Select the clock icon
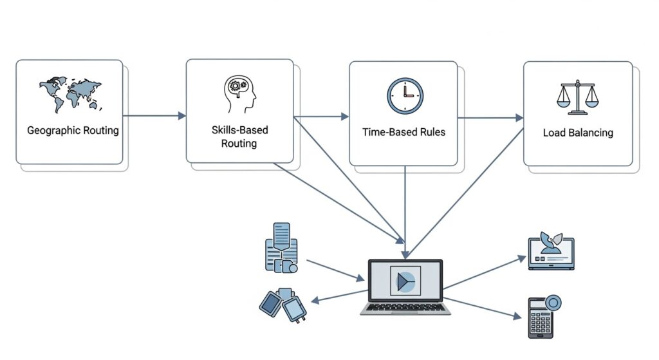(x=405, y=96)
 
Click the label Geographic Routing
(x=73, y=131)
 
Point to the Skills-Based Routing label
(x=239, y=137)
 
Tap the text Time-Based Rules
(x=404, y=132)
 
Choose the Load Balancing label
(x=578, y=133)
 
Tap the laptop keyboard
(x=405, y=307)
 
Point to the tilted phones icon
(x=283, y=305)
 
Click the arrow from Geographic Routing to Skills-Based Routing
(x=154, y=116)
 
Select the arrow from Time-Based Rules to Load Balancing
(x=490, y=118)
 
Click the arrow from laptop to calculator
(x=483, y=307)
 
